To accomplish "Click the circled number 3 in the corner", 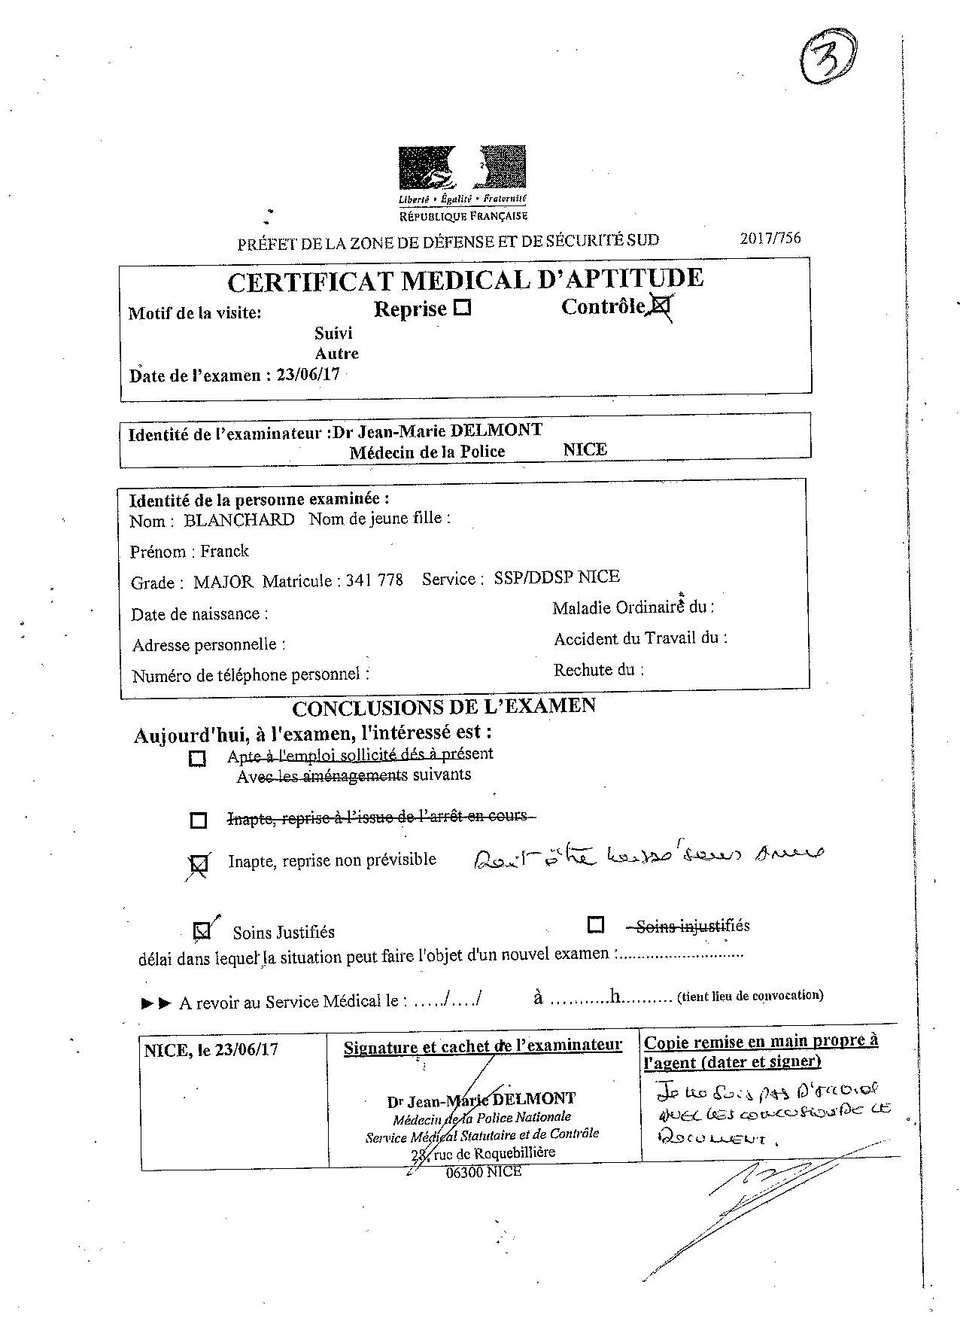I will click(x=828, y=59).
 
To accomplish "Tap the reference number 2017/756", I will click(x=770, y=238).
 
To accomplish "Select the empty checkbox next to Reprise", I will click(x=463, y=308).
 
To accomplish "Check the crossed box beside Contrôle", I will click(x=661, y=306).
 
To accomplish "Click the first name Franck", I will click(x=224, y=551).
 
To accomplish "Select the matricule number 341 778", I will click(x=374, y=580).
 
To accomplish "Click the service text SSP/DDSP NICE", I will click(x=557, y=577).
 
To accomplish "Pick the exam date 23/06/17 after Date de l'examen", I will click(x=308, y=375).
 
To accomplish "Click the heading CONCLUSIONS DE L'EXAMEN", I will click(x=443, y=707).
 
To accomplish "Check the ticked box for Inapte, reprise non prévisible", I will click(x=199, y=864).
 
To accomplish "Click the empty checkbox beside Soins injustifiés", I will click(x=596, y=924).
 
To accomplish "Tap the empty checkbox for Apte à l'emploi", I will click(x=197, y=758).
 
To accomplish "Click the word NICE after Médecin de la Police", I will click(x=585, y=449).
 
